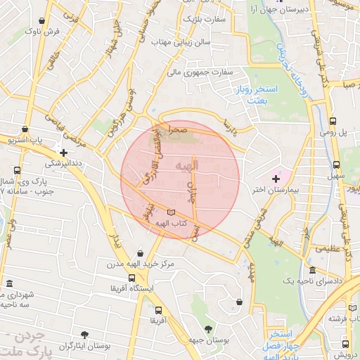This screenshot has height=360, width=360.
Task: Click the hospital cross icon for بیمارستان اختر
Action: point(275,181)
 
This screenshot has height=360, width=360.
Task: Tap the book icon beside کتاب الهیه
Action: point(173,212)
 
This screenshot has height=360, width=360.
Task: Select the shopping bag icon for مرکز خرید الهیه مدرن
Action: point(141,252)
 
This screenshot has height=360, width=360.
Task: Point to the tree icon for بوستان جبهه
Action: point(207,329)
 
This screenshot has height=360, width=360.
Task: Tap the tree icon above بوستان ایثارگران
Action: point(84,334)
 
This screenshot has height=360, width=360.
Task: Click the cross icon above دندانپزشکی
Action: point(63,152)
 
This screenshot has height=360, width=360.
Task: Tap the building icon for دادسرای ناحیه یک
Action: point(312,271)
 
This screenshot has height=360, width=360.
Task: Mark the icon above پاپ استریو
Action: point(25,130)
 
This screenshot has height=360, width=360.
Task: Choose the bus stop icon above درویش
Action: point(345,343)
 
